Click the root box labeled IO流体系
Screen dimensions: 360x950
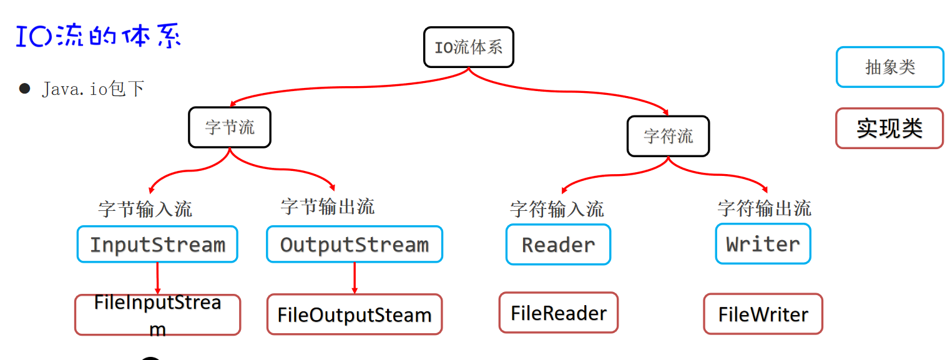pyautogui.click(x=468, y=47)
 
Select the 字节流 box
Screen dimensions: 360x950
pyautogui.click(x=230, y=127)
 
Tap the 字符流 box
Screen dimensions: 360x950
pyautogui.click(x=668, y=136)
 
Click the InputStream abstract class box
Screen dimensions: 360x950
pyautogui.click(x=157, y=244)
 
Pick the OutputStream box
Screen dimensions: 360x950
pyautogui.click(x=354, y=244)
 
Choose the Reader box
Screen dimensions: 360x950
pyautogui.click(x=558, y=245)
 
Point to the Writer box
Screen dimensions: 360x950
pyautogui.click(x=763, y=244)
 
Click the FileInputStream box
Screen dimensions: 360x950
pyautogui.click(x=157, y=315)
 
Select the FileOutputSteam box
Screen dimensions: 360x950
pyautogui.click(x=355, y=314)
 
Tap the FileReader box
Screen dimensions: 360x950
pyautogui.click(x=558, y=313)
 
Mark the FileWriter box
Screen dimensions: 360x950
pyautogui.click(x=763, y=314)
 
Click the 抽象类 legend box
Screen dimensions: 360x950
pyautogui.click(x=889, y=67)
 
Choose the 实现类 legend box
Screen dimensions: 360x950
pyautogui.click(x=889, y=129)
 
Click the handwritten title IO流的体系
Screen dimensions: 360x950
pyautogui.click(x=98, y=37)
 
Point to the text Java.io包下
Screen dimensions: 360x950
pyautogui.click(x=93, y=89)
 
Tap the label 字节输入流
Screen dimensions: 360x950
pyautogui.click(x=145, y=209)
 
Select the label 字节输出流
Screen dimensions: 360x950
pyautogui.click(x=328, y=207)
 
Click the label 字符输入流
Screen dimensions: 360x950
pyautogui.click(x=557, y=209)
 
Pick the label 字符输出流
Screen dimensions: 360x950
pyautogui.click(x=764, y=208)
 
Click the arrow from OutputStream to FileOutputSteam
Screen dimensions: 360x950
pyautogui.click(x=355, y=278)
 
